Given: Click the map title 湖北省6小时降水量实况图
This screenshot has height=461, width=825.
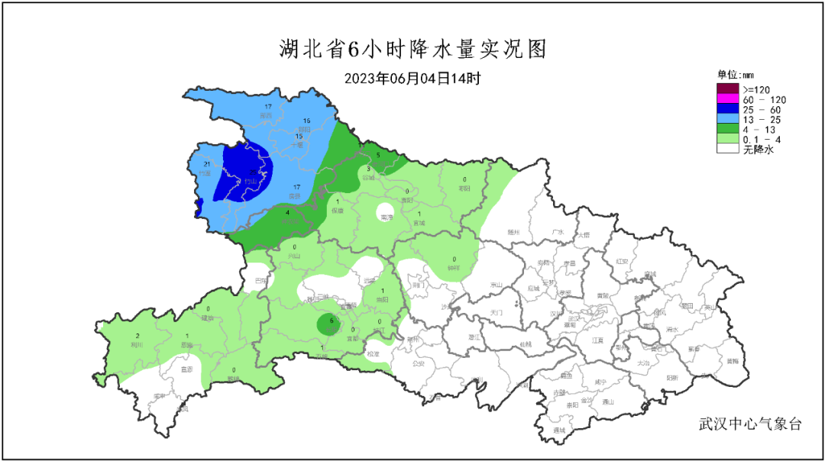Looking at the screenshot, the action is [x=412, y=50].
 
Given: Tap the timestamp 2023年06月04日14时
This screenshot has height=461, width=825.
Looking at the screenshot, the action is [x=412, y=78].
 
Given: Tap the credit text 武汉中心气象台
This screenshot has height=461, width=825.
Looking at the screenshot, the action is [x=750, y=424].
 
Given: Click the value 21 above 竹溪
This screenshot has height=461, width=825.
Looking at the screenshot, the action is [x=206, y=164].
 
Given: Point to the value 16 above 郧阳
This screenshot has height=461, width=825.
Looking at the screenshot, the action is [x=306, y=121].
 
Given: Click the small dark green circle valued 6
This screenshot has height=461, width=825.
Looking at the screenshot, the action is [x=330, y=324].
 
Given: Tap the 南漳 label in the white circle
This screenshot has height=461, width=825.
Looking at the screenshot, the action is [x=387, y=217].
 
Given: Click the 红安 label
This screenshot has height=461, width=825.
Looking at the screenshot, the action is [x=621, y=261].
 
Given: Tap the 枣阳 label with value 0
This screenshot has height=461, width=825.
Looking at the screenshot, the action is [x=464, y=189].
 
